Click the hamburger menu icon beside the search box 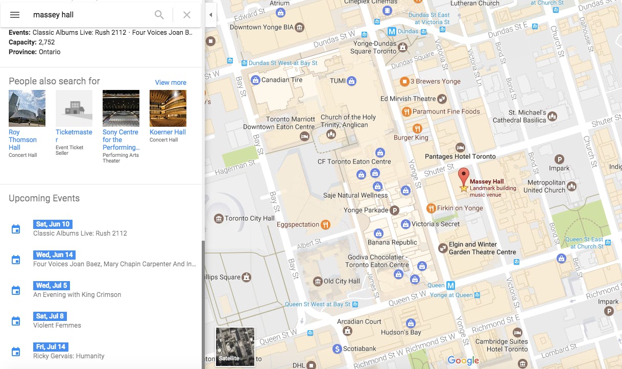pyautogui.click(x=15, y=15)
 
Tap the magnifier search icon pyautogui.click(x=159, y=15)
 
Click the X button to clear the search pyautogui.click(x=187, y=15)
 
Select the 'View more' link pyautogui.click(x=171, y=82)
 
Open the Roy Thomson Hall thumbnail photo pyautogui.click(x=27, y=108)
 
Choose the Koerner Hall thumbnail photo pyautogui.click(x=168, y=108)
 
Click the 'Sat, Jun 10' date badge pyautogui.click(x=53, y=224)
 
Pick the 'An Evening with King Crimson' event pyautogui.click(x=77, y=294)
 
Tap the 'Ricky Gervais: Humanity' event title pyautogui.click(x=69, y=356)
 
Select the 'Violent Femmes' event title pyautogui.click(x=57, y=325)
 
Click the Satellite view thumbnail pyautogui.click(x=235, y=347)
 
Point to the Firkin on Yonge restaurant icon pyautogui.click(x=431, y=208)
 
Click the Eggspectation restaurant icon pyautogui.click(x=325, y=224)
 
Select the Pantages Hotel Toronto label pyautogui.click(x=460, y=156)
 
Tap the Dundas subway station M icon pyautogui.click(x=392, y=31)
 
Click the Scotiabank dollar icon pyautogui.click(x=337, y=349)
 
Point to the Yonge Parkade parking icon pyautogui.click(x=394, y=210)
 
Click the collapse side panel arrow pyautogui.click(x=210, y=15)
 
